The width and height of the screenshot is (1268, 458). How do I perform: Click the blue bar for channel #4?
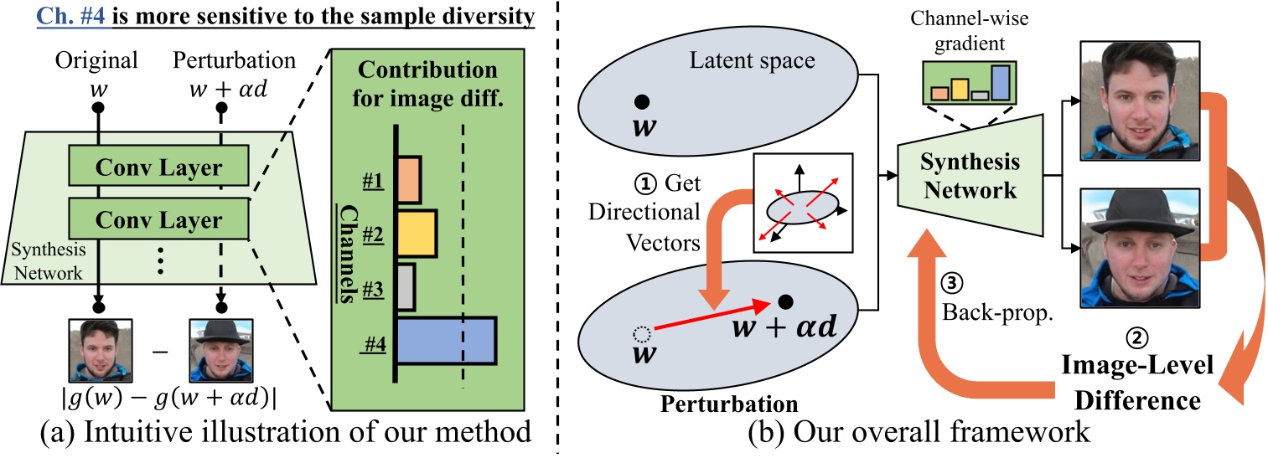point(446,340)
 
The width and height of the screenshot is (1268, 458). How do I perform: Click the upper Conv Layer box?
point(158,167)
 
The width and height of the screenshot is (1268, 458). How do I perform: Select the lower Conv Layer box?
point(158,221)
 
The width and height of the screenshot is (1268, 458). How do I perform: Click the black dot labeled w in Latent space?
point(641,102)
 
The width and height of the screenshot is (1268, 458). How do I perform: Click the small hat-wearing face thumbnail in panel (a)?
point(219,347)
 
